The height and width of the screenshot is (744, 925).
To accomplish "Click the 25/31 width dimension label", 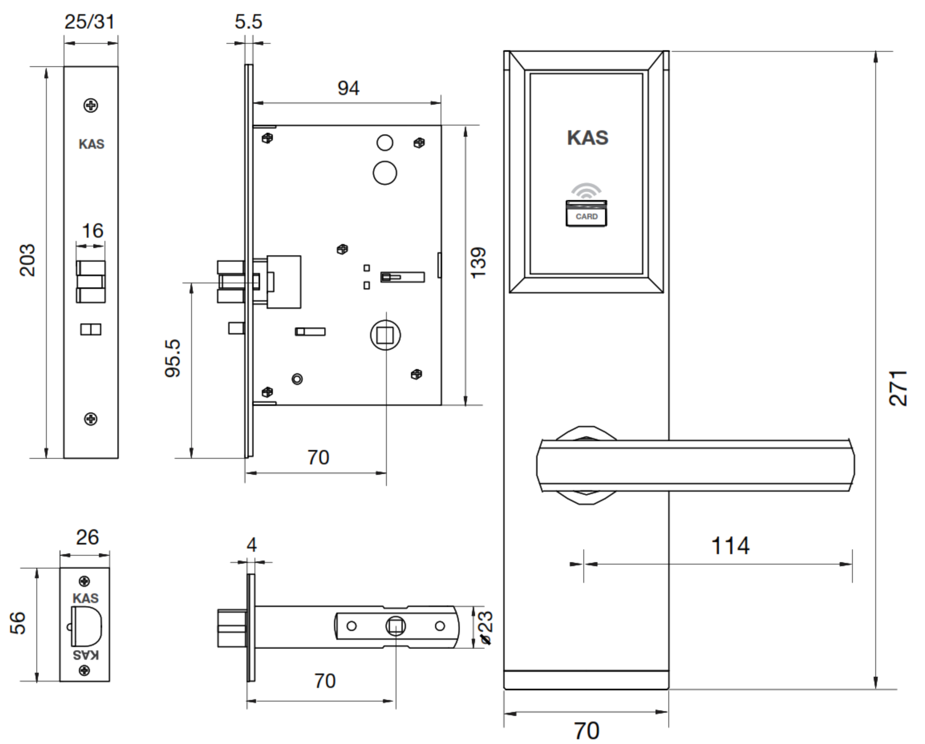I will (89, 22).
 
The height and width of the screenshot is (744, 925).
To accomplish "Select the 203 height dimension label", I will (27, 260).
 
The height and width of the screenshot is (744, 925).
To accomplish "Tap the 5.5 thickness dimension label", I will (248, 22).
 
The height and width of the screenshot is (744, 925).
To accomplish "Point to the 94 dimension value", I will (348, 88).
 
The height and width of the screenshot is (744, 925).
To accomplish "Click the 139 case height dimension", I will (478, 262).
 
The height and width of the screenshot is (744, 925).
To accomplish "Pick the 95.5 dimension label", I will (173, 358).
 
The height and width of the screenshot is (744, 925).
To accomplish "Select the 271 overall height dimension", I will (898, 388).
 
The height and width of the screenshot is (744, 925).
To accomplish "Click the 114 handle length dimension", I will (730, 546).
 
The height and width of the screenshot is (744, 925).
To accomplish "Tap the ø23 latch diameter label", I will (485, 628).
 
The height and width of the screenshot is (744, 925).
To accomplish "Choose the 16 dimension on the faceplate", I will (92, 231).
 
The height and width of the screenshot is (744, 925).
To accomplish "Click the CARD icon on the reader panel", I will (586, 214).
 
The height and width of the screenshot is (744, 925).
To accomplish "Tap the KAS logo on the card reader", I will (587, 138).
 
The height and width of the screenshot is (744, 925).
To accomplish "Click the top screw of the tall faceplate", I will (91, 105).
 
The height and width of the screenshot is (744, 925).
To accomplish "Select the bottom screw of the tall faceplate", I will (91, 419).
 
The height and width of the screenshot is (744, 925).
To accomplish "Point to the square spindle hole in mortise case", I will (385, 335).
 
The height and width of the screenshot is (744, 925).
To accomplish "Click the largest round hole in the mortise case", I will (384, 173).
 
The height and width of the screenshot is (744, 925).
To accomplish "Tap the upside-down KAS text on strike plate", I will (86, 655).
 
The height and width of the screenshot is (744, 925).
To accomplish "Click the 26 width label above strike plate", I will (87, 537).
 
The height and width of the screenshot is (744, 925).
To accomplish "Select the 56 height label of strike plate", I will (18, 623).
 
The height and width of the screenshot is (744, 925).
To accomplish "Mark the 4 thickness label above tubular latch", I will (251, 545).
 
